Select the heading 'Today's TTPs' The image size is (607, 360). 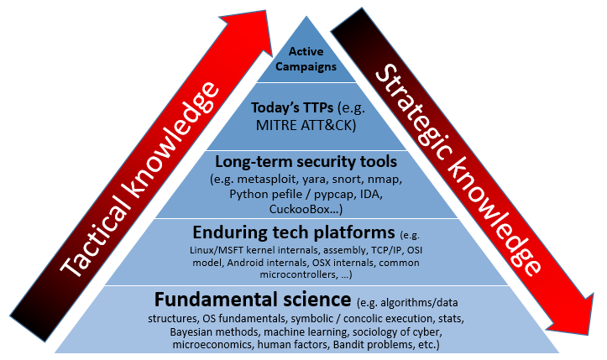pos(281,108)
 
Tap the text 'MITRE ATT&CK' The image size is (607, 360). pos(306,126)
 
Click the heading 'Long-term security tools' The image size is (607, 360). pos(306,159)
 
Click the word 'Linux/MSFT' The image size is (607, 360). pos(217,248)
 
